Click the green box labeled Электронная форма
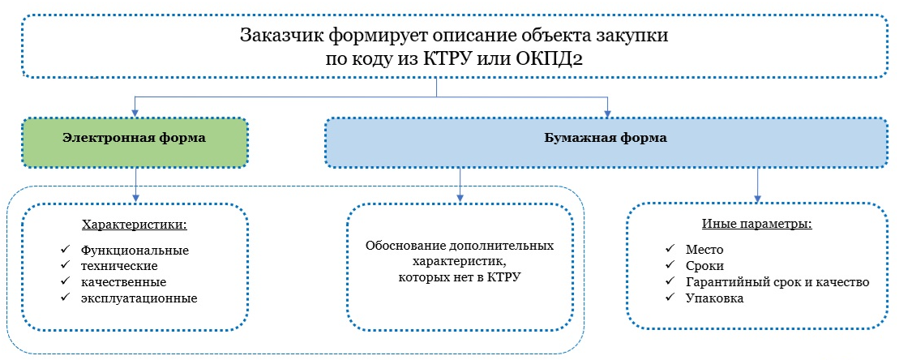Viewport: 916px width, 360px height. click(135, 143)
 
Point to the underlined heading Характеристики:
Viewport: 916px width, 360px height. click(135, 225)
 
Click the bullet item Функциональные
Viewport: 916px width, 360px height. click(135, 251)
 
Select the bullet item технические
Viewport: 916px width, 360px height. click(119, 267)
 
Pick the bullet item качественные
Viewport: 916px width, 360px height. click(124, 283)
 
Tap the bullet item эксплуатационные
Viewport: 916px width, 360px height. click(139, 299)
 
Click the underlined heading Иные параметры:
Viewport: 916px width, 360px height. click(756, 225)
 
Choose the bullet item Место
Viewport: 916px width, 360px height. click(705, 250)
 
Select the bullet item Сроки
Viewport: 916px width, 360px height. click(705, 267)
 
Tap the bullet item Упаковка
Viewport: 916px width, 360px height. click(715, 298)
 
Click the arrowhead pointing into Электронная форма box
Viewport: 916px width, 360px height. click(135, 114)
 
